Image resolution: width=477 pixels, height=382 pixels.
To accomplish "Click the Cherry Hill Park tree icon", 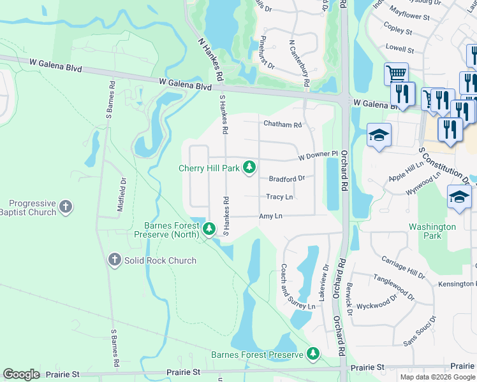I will [251, 168].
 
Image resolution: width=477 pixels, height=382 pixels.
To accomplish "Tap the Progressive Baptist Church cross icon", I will [66, 207].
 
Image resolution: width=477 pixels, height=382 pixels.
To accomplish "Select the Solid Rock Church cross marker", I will [114, 260].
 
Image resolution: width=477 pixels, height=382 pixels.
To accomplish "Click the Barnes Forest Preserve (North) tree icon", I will [209, 229].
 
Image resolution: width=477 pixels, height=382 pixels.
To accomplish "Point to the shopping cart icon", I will [396, 73].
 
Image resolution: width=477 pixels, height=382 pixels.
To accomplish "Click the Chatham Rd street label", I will [281, 125].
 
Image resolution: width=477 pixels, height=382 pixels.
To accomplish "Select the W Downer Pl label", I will [317, 155].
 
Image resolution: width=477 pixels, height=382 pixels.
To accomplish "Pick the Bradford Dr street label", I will [286, 179].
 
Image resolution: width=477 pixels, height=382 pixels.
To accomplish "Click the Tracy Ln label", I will [279, 197].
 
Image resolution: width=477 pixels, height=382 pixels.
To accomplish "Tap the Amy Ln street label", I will [270, 216].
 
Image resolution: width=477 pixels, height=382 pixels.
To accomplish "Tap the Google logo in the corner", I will [22, 374].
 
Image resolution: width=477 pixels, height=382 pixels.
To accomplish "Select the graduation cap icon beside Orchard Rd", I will [379, 135].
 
